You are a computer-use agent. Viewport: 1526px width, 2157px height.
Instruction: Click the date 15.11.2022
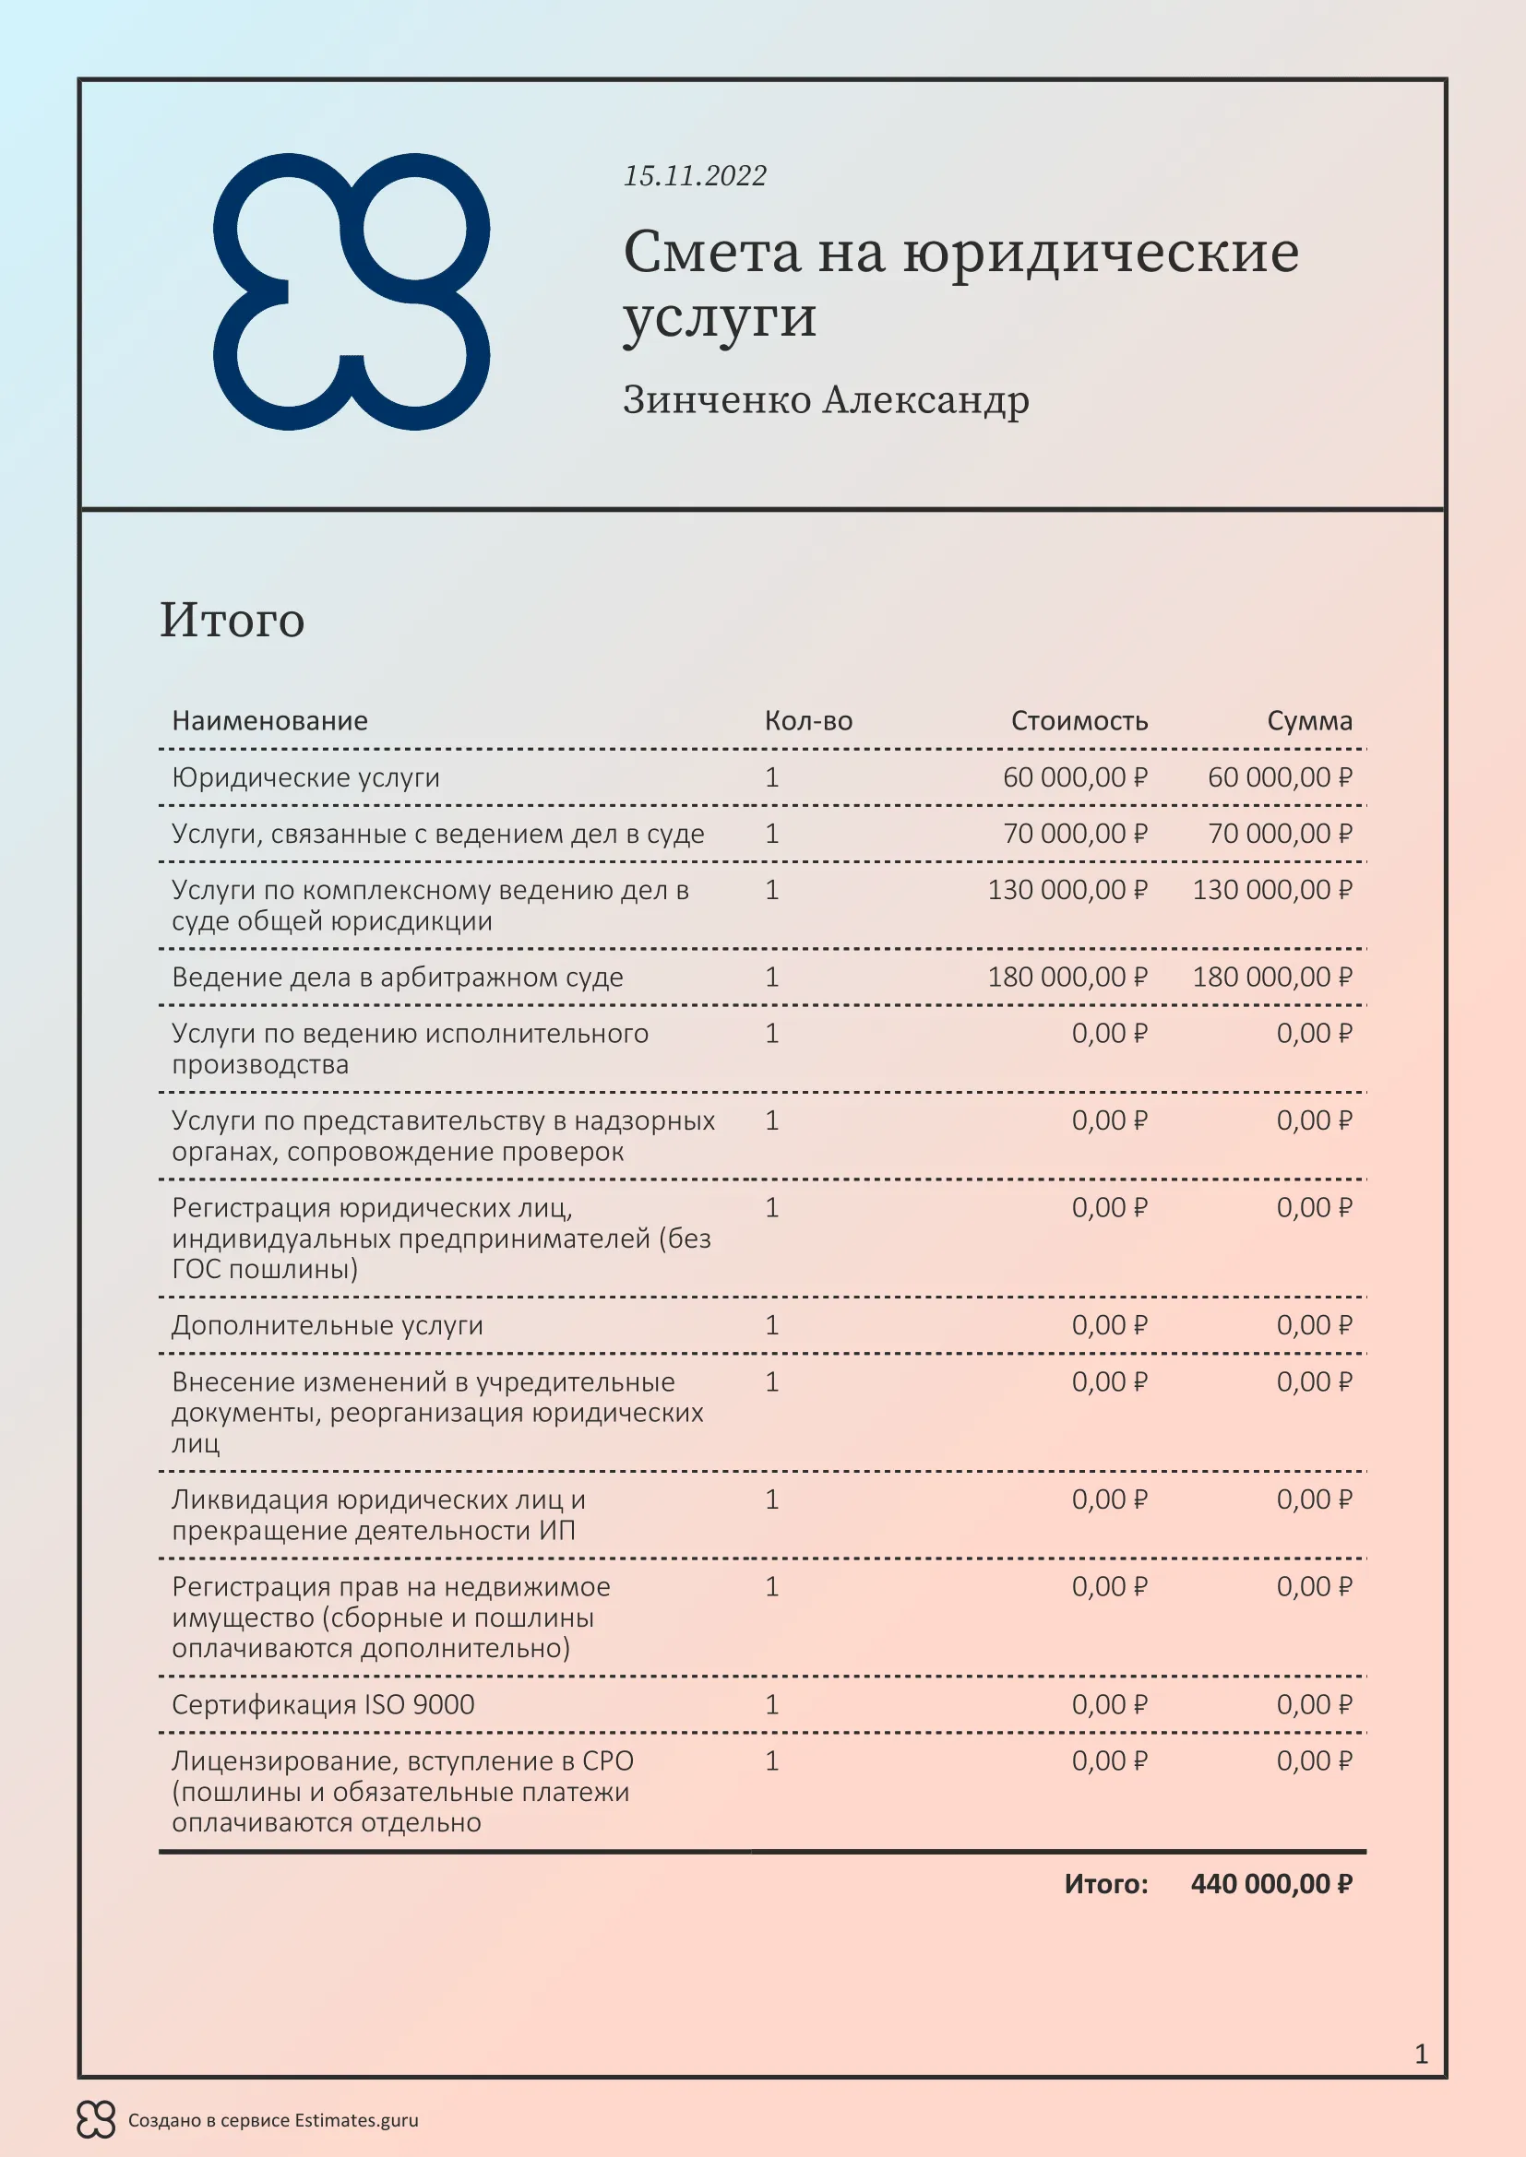(x=695, y=176)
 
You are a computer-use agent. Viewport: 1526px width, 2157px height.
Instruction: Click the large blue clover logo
(x=352, y=291)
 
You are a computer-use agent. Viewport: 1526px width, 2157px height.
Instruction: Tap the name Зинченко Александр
(x=825, y=399)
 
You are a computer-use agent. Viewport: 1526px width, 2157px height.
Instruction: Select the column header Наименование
(x=269, y=720)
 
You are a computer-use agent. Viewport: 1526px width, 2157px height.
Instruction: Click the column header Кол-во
(x=808, y=720)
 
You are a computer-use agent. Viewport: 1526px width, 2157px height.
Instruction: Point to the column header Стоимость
(x=1079, y=720)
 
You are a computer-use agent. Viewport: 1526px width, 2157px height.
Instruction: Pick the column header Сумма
(x=1309, y=720)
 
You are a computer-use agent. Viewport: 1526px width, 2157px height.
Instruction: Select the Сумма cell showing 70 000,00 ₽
(x=1279, y=834)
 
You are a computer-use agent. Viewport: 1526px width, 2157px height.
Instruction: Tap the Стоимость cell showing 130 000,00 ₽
(x=1067, y=890)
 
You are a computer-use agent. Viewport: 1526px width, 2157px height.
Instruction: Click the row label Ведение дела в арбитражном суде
(x=397, y=977)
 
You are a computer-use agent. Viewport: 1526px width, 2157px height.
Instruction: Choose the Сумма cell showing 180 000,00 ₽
(x=1271, y=977)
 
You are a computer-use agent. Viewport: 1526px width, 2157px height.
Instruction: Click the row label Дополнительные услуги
(x=327, y=1324)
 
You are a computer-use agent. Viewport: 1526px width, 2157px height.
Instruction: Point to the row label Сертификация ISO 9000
(x=322, y=1704)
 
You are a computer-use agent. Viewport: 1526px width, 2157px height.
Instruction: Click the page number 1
(x=1421, y=2054)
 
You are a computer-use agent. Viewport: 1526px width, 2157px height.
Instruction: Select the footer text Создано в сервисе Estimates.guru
(x=272, y=2120)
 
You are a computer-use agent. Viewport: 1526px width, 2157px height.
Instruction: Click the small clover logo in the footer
(x=96, y=2119)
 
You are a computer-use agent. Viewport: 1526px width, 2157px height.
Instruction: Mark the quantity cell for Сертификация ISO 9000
(x=771, y=1704)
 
